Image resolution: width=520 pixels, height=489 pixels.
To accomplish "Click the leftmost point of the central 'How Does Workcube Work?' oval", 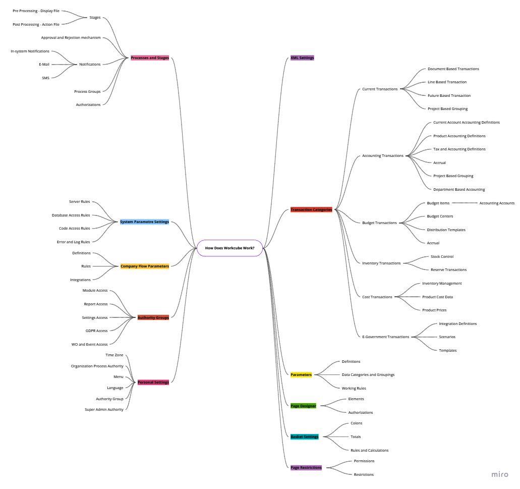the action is click(x=197, y=248).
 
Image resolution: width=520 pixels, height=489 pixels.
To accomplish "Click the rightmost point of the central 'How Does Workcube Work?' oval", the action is click(x=263, y=248).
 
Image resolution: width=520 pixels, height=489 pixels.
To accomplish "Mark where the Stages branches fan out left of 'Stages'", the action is click(x=87, y=18).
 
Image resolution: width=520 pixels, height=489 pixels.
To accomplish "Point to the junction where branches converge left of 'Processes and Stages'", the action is click(x=128, y=58).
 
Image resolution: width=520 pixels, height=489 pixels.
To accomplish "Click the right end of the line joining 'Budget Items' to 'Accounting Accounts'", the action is click(x=478, y=203).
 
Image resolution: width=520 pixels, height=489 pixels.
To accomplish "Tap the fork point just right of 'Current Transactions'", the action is click(x=400, y=89).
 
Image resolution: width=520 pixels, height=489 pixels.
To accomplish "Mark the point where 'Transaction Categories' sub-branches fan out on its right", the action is click(x=335, y=209).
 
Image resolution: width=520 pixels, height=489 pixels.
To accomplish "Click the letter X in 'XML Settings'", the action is click(x=292, y=58).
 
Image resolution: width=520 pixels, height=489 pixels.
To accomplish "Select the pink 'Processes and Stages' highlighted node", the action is click(x=150, y=58).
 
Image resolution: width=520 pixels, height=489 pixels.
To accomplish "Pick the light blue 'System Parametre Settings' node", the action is click(x=145, y=222).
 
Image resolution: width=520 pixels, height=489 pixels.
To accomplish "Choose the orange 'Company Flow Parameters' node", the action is click(x=145, y=266).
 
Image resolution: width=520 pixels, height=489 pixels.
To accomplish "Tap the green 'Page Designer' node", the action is click(x=304, y=406).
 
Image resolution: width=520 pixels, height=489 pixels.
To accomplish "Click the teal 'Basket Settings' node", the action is click(x=305, y=437).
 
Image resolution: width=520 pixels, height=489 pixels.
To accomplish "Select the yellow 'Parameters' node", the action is click(x=301, y=374).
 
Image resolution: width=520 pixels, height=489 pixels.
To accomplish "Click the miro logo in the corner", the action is click(x=500, y=474).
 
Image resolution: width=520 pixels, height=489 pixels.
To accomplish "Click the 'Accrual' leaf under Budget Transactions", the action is click(x=433, y=243).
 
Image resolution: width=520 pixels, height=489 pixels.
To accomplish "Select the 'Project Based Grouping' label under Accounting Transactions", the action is click(x=453, y=176).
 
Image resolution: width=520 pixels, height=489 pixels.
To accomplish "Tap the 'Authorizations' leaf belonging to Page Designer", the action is click(x=361, y=412).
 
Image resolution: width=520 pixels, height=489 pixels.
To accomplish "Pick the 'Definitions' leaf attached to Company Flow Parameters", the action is click(x=81, y=253).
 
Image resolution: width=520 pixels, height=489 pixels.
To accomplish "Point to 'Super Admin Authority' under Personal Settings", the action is click(x=104, y=409).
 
